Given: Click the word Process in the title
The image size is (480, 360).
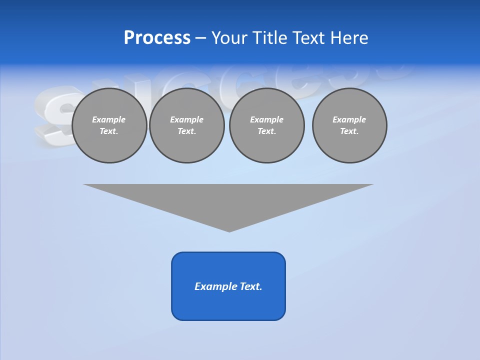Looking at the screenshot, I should point(157,38).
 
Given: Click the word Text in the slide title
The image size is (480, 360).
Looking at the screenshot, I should point(309,38).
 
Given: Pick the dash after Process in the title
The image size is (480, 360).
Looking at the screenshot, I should point(200,38).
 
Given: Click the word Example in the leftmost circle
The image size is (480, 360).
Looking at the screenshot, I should point(109,119).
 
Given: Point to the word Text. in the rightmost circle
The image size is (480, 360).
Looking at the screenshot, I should point(349,131).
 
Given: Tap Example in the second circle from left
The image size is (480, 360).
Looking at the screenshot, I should point(187,119).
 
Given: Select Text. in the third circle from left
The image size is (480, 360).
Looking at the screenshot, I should point(267,131).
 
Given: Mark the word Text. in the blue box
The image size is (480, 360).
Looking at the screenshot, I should point(251,286).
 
